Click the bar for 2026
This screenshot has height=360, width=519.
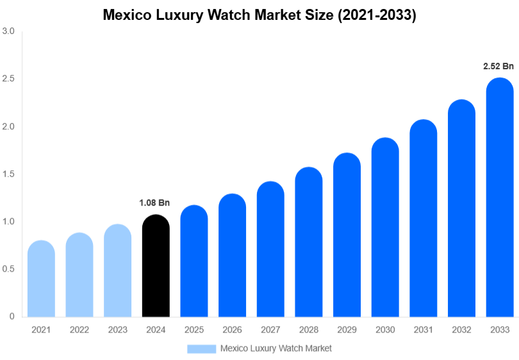click(x=232, y=256)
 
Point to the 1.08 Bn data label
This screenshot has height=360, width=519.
click(x=154, y=203)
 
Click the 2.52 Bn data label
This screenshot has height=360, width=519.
click(x=498, y=66)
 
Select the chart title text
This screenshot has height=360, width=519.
click(x=259, y=16)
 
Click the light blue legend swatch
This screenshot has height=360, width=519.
click(x=201, y=348)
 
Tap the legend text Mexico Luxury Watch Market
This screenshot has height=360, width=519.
click(x=276, y=348)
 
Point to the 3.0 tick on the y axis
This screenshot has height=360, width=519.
click(x=9, y=31)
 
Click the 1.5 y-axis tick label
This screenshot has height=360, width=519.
click(x=9, y=174)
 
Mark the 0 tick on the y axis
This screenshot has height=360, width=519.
click(x=12, y=316)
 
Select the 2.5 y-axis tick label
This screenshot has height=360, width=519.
click(x=9, y=79)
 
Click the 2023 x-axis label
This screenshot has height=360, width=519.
click(x=117, y=330)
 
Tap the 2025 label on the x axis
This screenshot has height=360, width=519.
click(x=194, y=330)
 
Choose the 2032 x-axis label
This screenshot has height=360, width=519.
click(x=461, y=330)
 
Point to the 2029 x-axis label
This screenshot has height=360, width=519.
click(x=347, y=330)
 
